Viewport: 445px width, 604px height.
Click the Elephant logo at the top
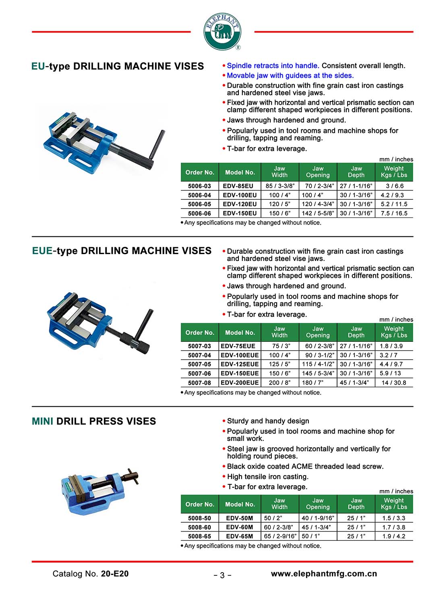click(x=222, y=31)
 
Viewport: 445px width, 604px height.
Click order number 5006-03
click(x=199, y=186)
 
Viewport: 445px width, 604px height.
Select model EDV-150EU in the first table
click(x=240, y=213)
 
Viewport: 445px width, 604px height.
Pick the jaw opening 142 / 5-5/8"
click(x=318, y=213)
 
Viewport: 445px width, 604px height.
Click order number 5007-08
click(x=199, y=383)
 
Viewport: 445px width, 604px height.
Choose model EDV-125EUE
click(x=240, y=364)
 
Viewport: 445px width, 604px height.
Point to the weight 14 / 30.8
click(x=394, y=383)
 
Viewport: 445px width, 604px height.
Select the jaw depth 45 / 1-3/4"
click(x=354, y=383)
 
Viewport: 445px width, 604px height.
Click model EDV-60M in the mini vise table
click(x=240, y=527)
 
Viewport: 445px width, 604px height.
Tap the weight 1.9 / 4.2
click(x=394, y=536)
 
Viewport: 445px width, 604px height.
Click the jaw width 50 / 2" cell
click(x=273, y=518)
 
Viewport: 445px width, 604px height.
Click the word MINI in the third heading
click(x=43, y=422)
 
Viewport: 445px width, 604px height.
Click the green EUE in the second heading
click(x=42, y=251)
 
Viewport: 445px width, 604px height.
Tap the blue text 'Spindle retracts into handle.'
click(x=273, y=66)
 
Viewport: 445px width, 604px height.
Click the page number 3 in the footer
click(x=222, y=575)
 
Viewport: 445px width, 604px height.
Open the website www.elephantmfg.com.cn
click(x=324, y=574)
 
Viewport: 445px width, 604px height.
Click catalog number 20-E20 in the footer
click(x=115, y=574)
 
